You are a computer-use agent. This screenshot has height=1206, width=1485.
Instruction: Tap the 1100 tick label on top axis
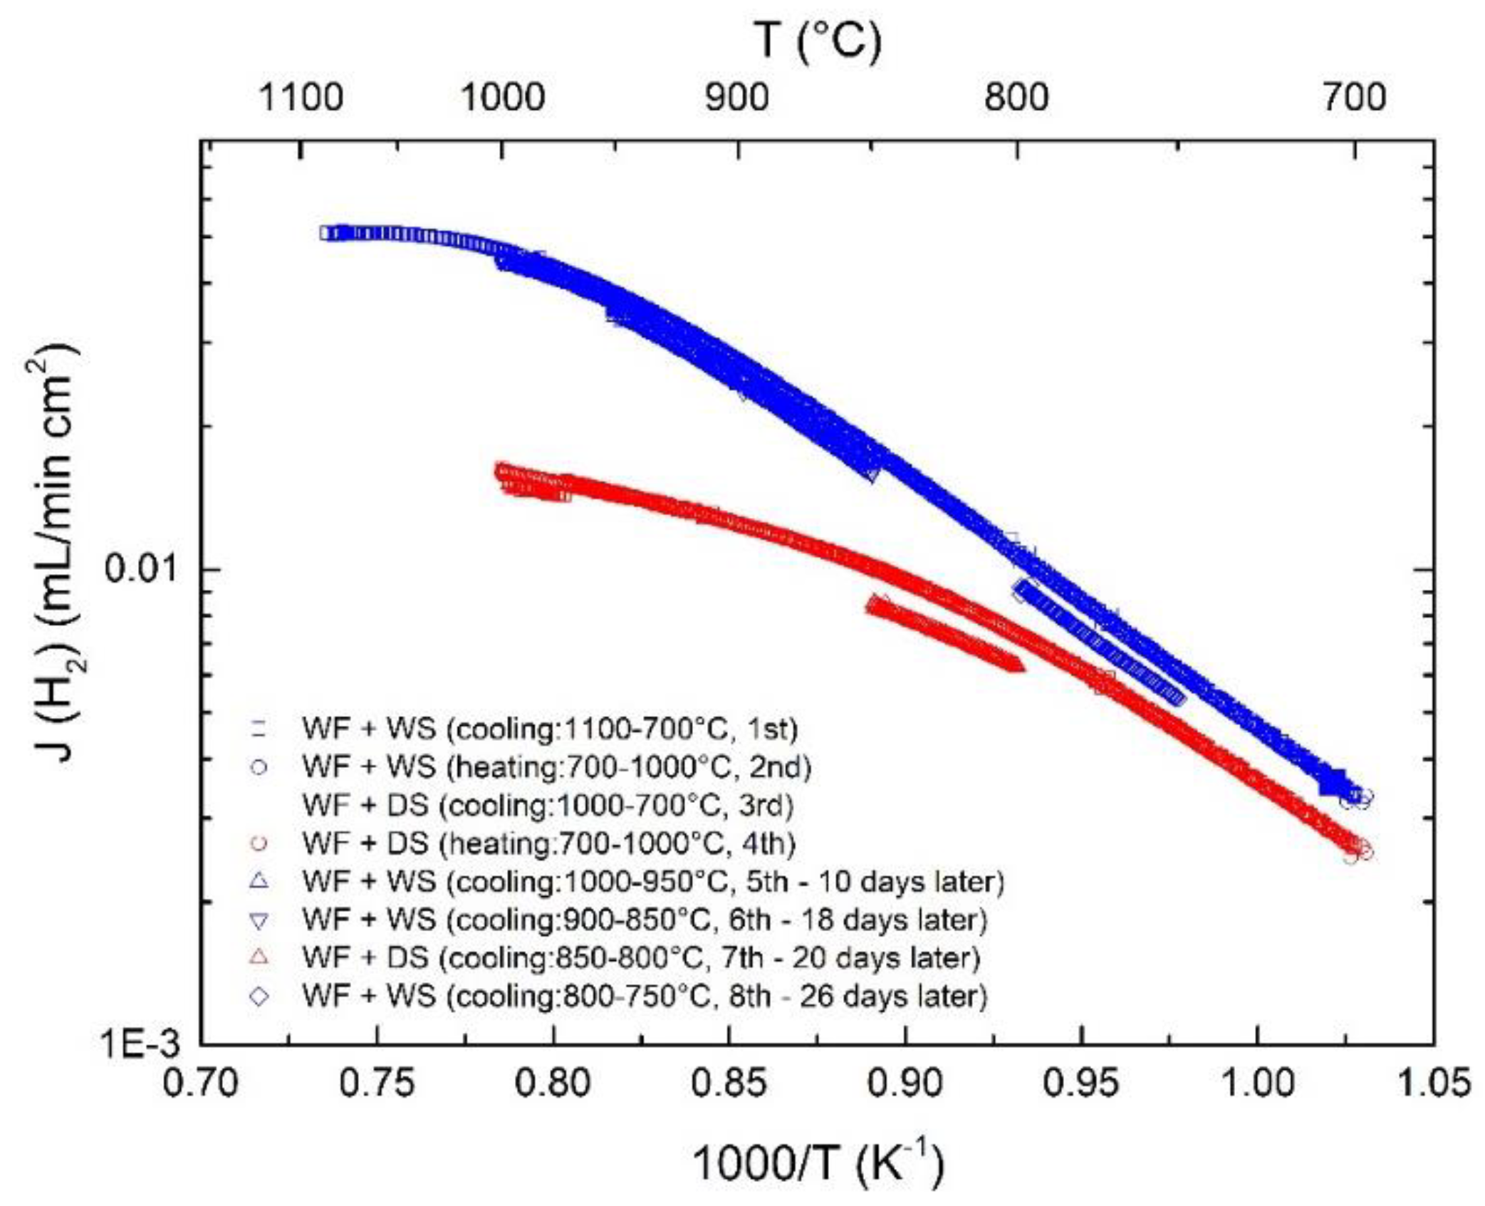click(301, 97)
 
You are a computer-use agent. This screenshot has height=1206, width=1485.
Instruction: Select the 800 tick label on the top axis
click(1016, 97)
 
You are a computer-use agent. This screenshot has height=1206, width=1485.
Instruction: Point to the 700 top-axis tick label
click(1355, 97)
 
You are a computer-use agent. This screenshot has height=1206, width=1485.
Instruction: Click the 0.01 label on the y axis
click(140, 569)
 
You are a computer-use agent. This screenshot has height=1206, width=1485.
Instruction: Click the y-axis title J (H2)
click(53, 556)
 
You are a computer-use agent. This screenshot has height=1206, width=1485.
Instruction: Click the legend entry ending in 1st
click(549, 729)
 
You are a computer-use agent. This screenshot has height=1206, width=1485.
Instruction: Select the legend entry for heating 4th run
click(548, 843)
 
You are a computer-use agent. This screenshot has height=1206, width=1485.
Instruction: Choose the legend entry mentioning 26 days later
click(645, 996)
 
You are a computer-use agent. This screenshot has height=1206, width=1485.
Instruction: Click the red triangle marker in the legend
click(260, 957)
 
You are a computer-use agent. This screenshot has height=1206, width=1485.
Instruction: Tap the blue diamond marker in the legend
click(260, 996)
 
